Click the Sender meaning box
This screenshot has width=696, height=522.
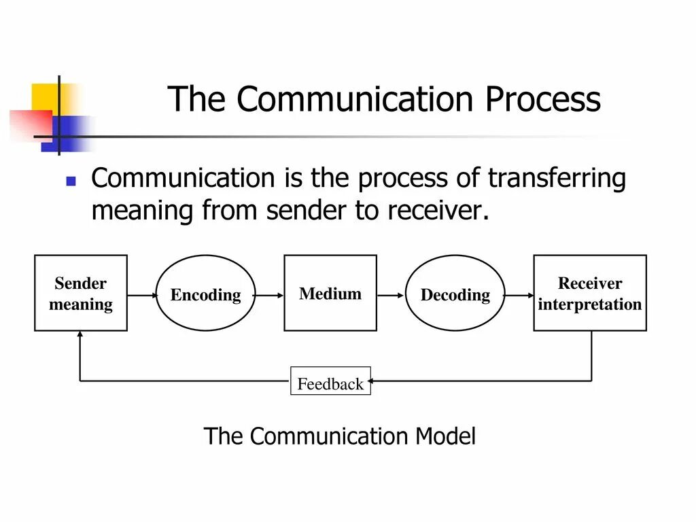point(81,293)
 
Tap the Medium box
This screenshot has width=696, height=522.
point(330,293)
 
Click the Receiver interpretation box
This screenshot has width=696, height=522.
point(590,293)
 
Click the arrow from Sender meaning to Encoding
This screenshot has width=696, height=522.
point(141,295)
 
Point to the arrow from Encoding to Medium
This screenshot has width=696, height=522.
point(269,295)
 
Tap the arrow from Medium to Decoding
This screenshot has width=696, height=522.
point(391,295)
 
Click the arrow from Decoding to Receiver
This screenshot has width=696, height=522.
point(519,295)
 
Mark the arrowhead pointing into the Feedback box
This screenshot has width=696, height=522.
point(375,381)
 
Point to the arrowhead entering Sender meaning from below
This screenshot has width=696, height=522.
point(80,335)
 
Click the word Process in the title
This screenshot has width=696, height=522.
point(543,99)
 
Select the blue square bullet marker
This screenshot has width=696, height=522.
point(71,181)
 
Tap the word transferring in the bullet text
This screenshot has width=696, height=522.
point(557,179)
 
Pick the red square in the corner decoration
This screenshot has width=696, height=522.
point(30,124)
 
